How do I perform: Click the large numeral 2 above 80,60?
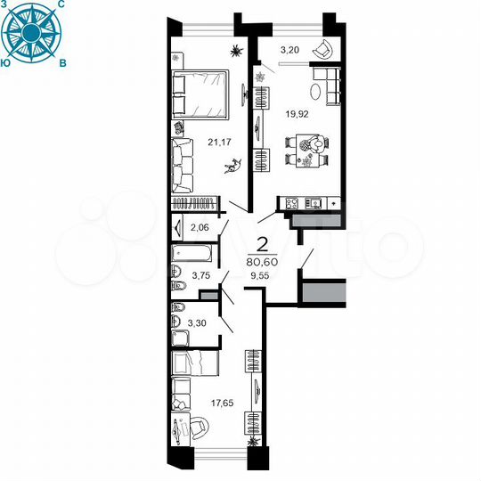click(263, 242)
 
